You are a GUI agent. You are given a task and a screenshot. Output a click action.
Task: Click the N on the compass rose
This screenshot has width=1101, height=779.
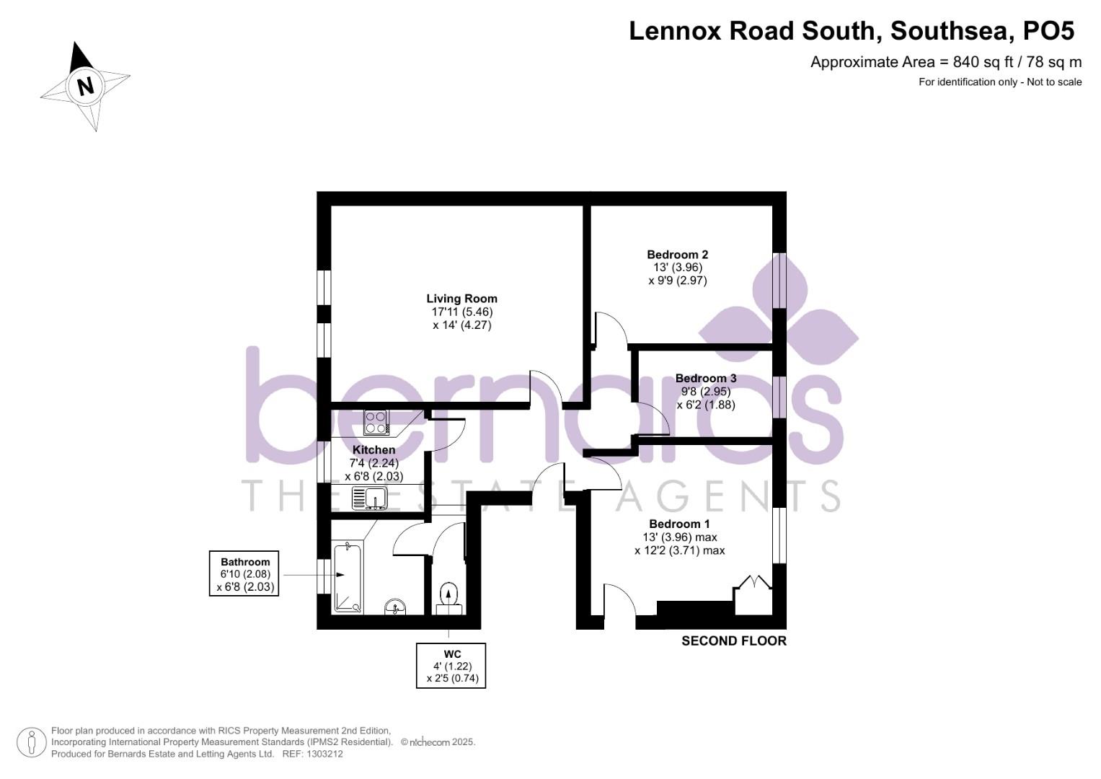coord(86,87)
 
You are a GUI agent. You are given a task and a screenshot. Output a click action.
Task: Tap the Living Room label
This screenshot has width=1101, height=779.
coord(461,299)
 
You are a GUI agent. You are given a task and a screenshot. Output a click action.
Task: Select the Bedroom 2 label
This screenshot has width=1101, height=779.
coord(677,255)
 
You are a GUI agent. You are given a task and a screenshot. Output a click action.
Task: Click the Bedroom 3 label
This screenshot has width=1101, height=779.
coord(705,379)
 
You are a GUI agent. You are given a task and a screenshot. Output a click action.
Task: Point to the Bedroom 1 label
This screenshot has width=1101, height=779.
coord(679,524)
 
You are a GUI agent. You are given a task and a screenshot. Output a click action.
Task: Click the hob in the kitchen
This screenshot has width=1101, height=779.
coord(376,422)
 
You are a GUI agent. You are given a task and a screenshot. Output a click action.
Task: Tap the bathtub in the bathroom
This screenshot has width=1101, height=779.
coord(348,578)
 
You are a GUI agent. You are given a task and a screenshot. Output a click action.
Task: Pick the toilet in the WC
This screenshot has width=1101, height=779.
coord(448,595)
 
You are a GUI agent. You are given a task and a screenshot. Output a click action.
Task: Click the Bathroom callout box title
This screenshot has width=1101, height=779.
coord(245,562)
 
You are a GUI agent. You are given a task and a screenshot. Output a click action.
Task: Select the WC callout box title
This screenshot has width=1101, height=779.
coord(452,654)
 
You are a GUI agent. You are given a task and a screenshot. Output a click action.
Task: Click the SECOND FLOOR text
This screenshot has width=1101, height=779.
coord(733,641)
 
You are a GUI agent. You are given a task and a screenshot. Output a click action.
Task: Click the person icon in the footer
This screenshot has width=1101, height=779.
coord(32,742)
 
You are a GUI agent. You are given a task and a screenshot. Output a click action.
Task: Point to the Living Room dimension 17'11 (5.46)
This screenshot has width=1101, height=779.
coord(461,312)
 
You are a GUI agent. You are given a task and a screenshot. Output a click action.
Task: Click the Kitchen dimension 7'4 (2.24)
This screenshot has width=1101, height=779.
coord(373,464)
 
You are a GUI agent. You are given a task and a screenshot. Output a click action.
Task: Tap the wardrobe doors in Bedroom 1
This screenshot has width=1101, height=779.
coord(753,586)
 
